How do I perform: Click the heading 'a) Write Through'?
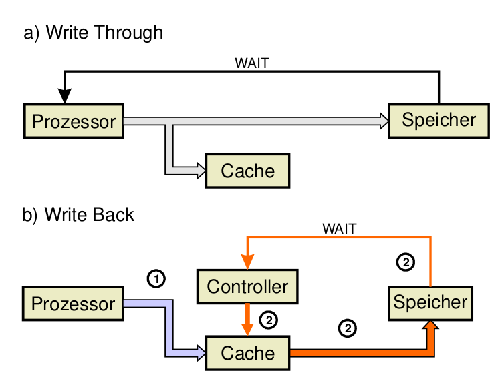tap(93, 32)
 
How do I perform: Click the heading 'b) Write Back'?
tap(79, 215)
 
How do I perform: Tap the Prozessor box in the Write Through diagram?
tap(74, 121)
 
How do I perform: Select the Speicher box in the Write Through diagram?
tap(438, 120)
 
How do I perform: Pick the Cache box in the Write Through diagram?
tap(248, 171)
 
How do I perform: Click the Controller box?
tap(247, 287)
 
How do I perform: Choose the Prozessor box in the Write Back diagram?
tap(73, 304)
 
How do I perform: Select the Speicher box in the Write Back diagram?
tap(430, 302)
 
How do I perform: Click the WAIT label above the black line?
tap(252, 64)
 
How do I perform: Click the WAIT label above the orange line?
tap(339, 229)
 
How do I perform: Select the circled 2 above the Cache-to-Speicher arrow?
tap(347, 328)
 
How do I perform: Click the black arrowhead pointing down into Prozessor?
tap(65, 96)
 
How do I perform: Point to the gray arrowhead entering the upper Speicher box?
tap(383, 121)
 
